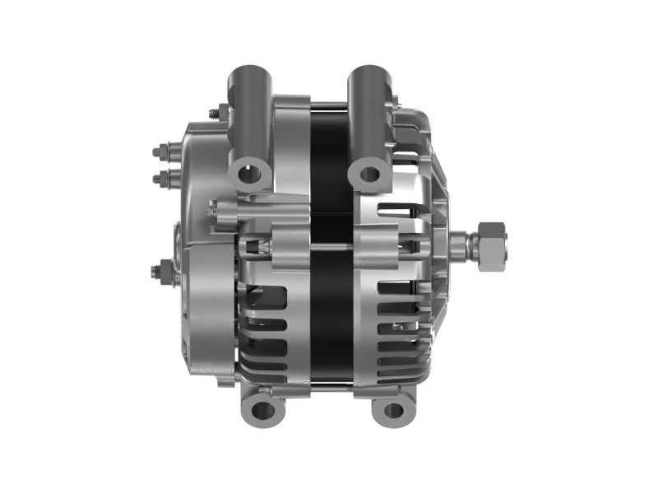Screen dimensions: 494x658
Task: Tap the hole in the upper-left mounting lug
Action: pos(249,174)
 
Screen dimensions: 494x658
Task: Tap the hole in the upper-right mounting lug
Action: pos(369,175)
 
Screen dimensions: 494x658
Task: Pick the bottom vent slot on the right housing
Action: pos(395,366)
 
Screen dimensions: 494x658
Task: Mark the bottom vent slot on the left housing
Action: pos(262,366)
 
